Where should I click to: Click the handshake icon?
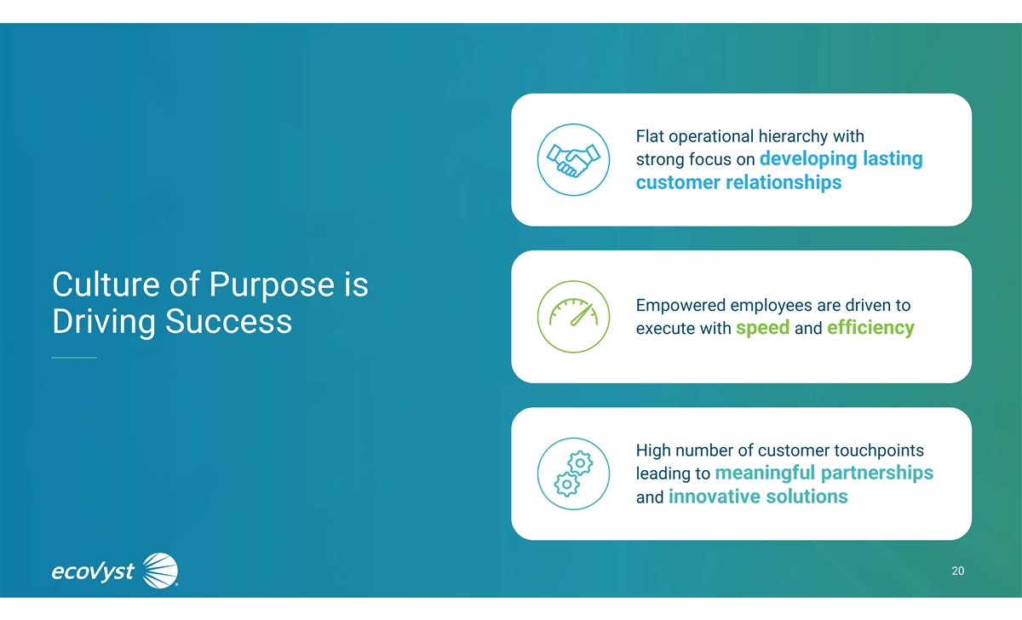pyautogui.click(x=573, y=159)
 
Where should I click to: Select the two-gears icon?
pyautogui.click(x=573, y=474)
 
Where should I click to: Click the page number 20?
pyautogui.click(x=957, y=571)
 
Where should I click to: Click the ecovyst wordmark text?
pyautogui.click(x=93, y=571)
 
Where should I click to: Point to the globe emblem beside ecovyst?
pyautogui.click(x=160, y=571)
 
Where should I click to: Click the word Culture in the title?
pyautogui.click(x=106, y=284)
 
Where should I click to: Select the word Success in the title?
pyautogui.click(x=228, y=321)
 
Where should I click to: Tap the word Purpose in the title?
pyautogui.click(x=272, y=285)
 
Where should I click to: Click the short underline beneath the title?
pyautogui.click(x=74, y=358)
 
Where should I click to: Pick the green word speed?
pyautogui.click(x=762, y=328)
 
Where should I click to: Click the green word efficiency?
pyautogui.click(x=870, y=328)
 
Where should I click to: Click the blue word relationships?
pyautogui.click(x=784, y=182)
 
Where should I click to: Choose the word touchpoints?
pyautogui.click(x=879, y=451)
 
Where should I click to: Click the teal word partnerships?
pyautogui.click(x=877, y=474)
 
